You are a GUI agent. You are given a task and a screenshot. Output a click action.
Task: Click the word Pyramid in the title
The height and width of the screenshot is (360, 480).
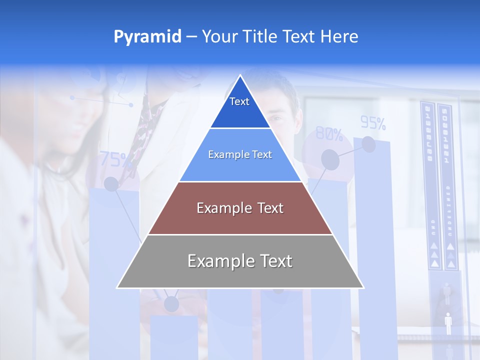coord(147,37)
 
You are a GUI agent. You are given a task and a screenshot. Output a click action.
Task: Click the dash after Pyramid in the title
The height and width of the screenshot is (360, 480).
coord(191,37)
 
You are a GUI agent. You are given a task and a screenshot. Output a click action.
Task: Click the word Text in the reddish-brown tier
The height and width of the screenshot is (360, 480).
coord(267,208)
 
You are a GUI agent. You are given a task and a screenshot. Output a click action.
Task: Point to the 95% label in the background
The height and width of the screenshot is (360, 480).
coord(373,123)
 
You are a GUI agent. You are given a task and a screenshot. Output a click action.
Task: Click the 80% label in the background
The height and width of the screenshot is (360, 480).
coord(329,134)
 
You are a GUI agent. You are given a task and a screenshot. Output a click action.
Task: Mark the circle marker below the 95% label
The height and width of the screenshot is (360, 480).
coord(368,144)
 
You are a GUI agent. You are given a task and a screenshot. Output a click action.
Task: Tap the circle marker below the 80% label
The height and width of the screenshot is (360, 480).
coord(330,159)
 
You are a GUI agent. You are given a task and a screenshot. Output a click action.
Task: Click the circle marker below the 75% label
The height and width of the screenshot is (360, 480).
coord(111,184)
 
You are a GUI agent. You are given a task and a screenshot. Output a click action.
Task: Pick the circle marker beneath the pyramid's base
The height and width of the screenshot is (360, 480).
coord(171,303)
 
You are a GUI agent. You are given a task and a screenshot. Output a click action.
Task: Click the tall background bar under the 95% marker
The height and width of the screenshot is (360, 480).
coord(374,250)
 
